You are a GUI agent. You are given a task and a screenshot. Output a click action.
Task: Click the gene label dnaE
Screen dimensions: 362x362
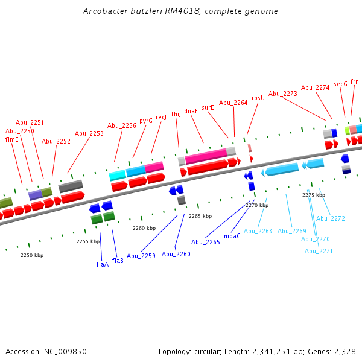(x=191, y=111)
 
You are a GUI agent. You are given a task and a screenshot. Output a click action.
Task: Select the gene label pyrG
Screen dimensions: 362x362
(x=146, y=121)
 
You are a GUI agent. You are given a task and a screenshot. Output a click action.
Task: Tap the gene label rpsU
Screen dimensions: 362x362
(x=258, y=97)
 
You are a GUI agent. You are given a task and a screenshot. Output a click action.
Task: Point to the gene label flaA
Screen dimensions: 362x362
(x=103, y=264)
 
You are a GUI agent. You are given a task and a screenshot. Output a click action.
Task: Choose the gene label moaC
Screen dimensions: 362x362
(x=232, y=236)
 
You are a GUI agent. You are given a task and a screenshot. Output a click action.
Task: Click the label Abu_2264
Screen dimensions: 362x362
(x=233, y=103)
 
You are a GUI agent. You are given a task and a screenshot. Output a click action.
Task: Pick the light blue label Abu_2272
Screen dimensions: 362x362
(x=331, y=218)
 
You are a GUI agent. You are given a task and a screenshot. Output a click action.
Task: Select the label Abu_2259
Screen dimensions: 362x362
(x=141, y=256)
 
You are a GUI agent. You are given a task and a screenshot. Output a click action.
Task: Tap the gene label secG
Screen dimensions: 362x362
(x=341, y=84)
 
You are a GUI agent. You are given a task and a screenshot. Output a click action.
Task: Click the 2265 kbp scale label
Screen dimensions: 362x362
(x=200, y=216)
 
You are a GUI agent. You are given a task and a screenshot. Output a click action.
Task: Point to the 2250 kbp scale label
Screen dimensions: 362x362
(x=32, y=255)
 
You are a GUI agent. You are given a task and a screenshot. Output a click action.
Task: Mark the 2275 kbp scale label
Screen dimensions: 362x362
(x=314, y=195)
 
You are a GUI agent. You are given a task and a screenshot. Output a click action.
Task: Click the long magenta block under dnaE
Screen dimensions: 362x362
(x=206, y=156)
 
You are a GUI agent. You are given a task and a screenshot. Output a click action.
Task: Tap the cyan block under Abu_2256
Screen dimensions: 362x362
(x=117, y=175)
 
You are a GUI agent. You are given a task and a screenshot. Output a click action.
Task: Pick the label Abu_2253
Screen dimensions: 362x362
(x=89, y=133)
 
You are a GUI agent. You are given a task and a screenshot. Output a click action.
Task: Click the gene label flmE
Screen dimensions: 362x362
(x=12, y=139)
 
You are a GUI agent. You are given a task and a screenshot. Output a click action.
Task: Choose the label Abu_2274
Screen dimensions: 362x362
(x=315, y=87)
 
